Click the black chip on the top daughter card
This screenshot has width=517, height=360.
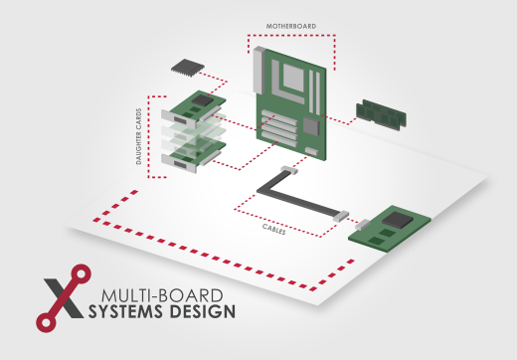(205, 101)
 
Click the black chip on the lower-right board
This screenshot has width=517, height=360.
(399, 220)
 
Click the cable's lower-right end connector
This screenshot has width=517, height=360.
(340, 216)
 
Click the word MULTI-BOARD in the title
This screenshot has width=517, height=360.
(163, 294)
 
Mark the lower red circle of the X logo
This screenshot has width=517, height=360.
(44, 320)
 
